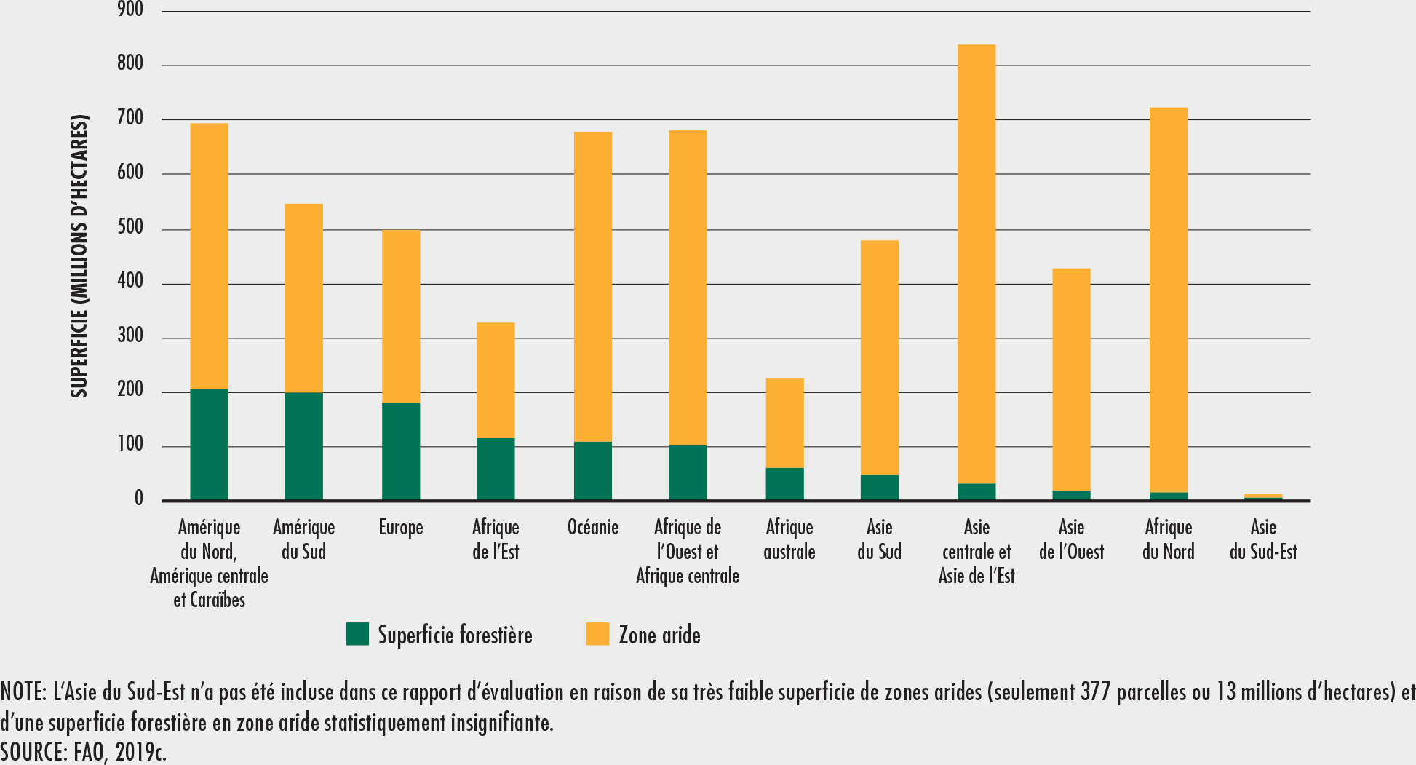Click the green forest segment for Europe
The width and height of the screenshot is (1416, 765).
(401, 451)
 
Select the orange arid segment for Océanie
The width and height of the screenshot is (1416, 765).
(593, 287)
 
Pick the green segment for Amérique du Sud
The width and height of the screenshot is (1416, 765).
(303, 446)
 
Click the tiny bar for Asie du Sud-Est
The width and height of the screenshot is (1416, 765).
(1263, 497)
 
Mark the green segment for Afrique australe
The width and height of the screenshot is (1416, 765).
(784, 484)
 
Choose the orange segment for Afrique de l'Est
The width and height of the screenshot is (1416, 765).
(496, 380)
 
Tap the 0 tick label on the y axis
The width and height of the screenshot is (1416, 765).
(138, 500)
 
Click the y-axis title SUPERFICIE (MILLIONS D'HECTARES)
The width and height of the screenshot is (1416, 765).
(79, 256)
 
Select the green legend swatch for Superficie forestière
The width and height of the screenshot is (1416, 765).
(357, 634)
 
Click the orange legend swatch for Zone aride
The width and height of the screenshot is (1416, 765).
(597, 634)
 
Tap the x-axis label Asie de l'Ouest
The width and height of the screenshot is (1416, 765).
(1071, 539)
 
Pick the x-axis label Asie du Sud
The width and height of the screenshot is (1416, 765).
(879, 539)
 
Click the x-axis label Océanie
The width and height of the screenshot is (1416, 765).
(593, 527)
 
